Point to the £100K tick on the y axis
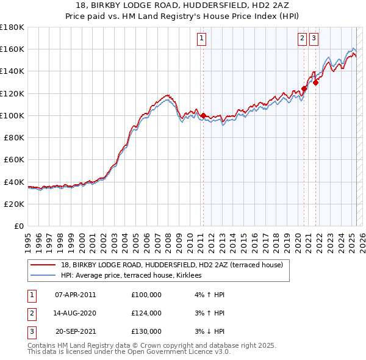point(12,115)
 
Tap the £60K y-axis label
point(14,159)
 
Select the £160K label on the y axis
point(12,49)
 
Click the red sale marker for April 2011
point(203,115)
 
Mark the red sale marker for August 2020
point(304,89)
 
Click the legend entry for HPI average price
point(135,276)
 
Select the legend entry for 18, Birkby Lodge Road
point(172,265)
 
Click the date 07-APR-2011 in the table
point(76,295)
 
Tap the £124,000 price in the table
point(146,313)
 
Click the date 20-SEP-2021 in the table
point(76,331)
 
